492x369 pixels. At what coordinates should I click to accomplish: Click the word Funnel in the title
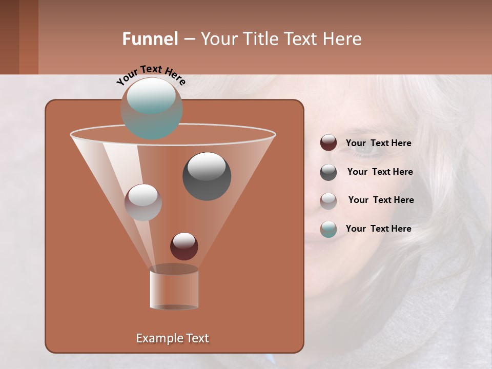150,39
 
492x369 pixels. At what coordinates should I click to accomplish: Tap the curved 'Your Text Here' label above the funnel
151,74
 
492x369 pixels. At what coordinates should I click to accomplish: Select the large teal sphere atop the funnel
151,108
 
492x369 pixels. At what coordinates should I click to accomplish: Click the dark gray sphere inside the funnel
207,176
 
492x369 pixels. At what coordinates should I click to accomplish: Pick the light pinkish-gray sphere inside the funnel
143,202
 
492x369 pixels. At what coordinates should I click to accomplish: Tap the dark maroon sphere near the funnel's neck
184,247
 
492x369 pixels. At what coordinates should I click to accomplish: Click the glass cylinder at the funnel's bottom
174,289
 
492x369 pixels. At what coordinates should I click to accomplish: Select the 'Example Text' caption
172,338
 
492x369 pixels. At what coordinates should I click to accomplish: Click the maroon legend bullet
329,143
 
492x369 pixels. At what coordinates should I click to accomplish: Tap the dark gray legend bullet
329,172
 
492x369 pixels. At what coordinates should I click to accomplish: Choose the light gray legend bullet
329,201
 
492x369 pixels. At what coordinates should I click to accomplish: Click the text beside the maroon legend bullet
378,143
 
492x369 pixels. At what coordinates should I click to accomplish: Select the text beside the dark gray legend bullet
380,172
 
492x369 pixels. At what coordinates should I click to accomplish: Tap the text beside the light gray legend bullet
381,200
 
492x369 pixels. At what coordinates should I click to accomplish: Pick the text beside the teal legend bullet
378,229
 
